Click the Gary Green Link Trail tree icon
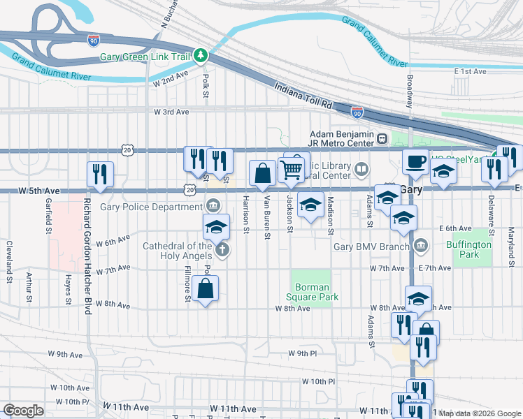click(x=201, y=55)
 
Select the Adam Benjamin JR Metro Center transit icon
click(x=382, y=138)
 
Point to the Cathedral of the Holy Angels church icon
click(x=221, y=250)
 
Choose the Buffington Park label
click(x=464, y=250)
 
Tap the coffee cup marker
click(x=415, y=161)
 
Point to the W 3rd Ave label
click(x=171, y=112)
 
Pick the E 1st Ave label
click(x=469, y=71)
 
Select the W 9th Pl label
click(x=302, y=353)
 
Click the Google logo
click(x=23, y=411)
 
